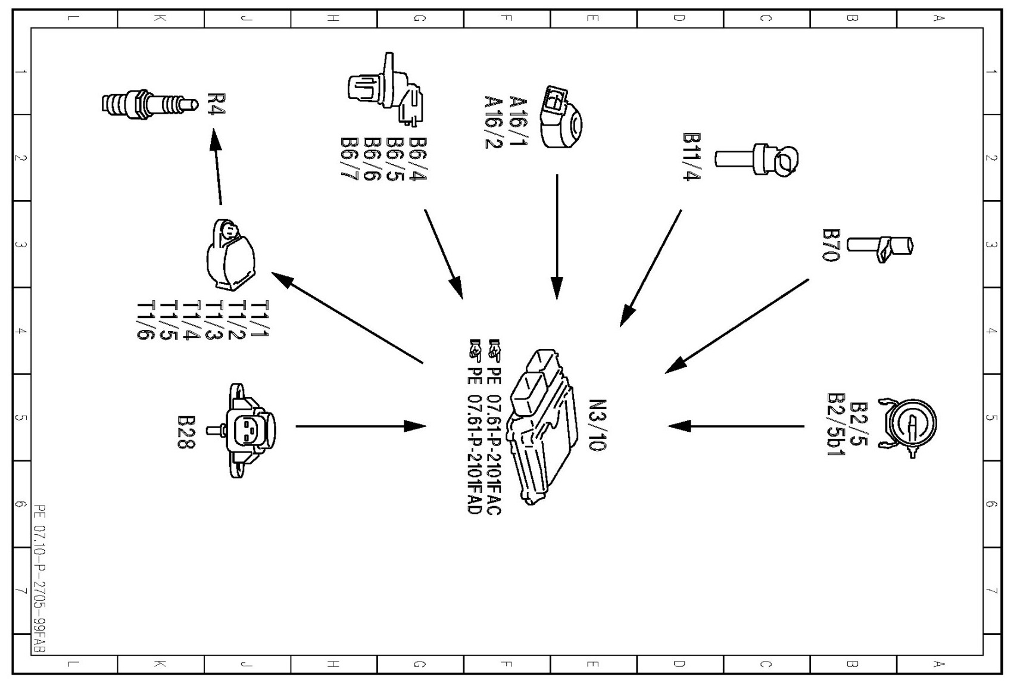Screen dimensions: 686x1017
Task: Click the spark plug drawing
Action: click(x=149, y=103)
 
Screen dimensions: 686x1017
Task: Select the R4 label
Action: click(x=216, y=104)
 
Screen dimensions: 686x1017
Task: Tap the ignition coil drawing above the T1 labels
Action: click(x=232, y=254)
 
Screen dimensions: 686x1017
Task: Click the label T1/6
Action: click(x=146, y=320)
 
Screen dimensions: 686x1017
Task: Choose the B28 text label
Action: click(x=186, y=432)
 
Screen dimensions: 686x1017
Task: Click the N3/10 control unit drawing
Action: click(x=543, y=426)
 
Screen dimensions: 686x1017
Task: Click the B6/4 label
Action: click(x=417, y=159)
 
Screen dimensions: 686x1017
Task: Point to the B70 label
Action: click(x=830, y=245)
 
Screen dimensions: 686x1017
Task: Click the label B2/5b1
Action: click(x=837, y=425)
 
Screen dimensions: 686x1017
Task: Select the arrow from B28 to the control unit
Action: click(x=361, y=426)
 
